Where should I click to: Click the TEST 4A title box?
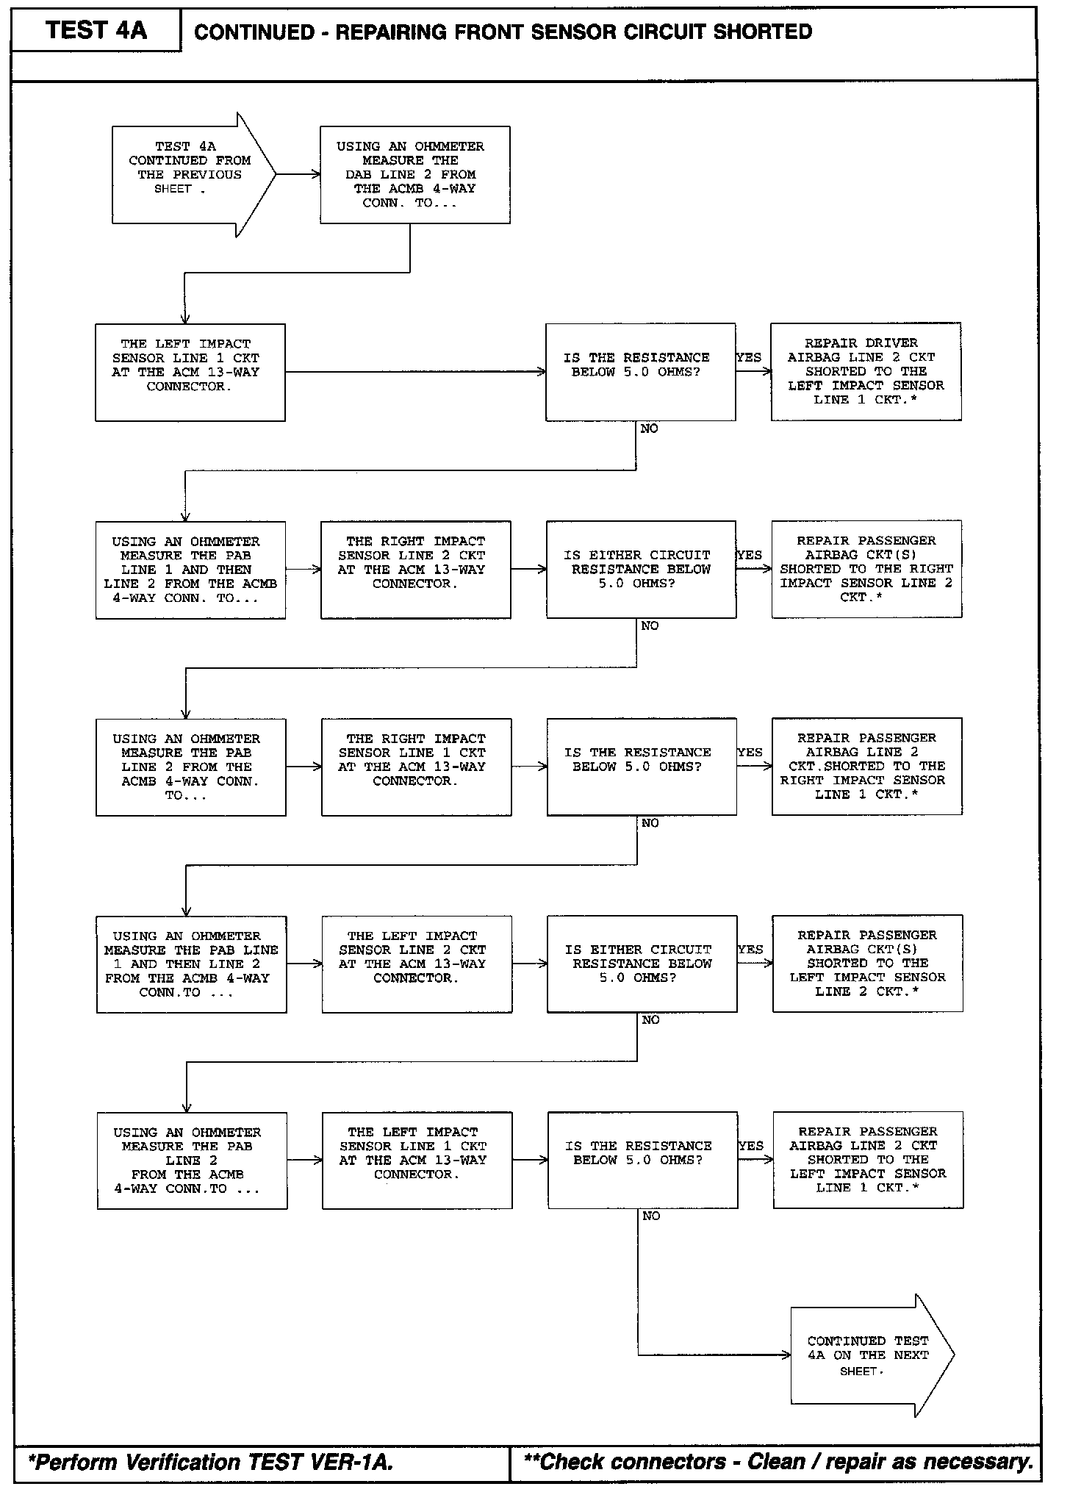[96, 30]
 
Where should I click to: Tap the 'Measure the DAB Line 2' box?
[414, 175]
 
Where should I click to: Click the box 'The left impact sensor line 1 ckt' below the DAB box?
[190, 372]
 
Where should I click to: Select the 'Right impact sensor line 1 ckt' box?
[416, 767]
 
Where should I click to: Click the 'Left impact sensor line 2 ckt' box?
[417, 964]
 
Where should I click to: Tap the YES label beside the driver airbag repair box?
[749, 357]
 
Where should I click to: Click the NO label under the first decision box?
[649, 428]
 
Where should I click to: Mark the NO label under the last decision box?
[651, 1216]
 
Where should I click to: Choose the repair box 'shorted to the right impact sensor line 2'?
[866, 569]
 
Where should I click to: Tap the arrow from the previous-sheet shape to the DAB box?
[298, 175]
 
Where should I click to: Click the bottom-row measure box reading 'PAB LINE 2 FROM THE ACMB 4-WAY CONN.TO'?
[192, 1161]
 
